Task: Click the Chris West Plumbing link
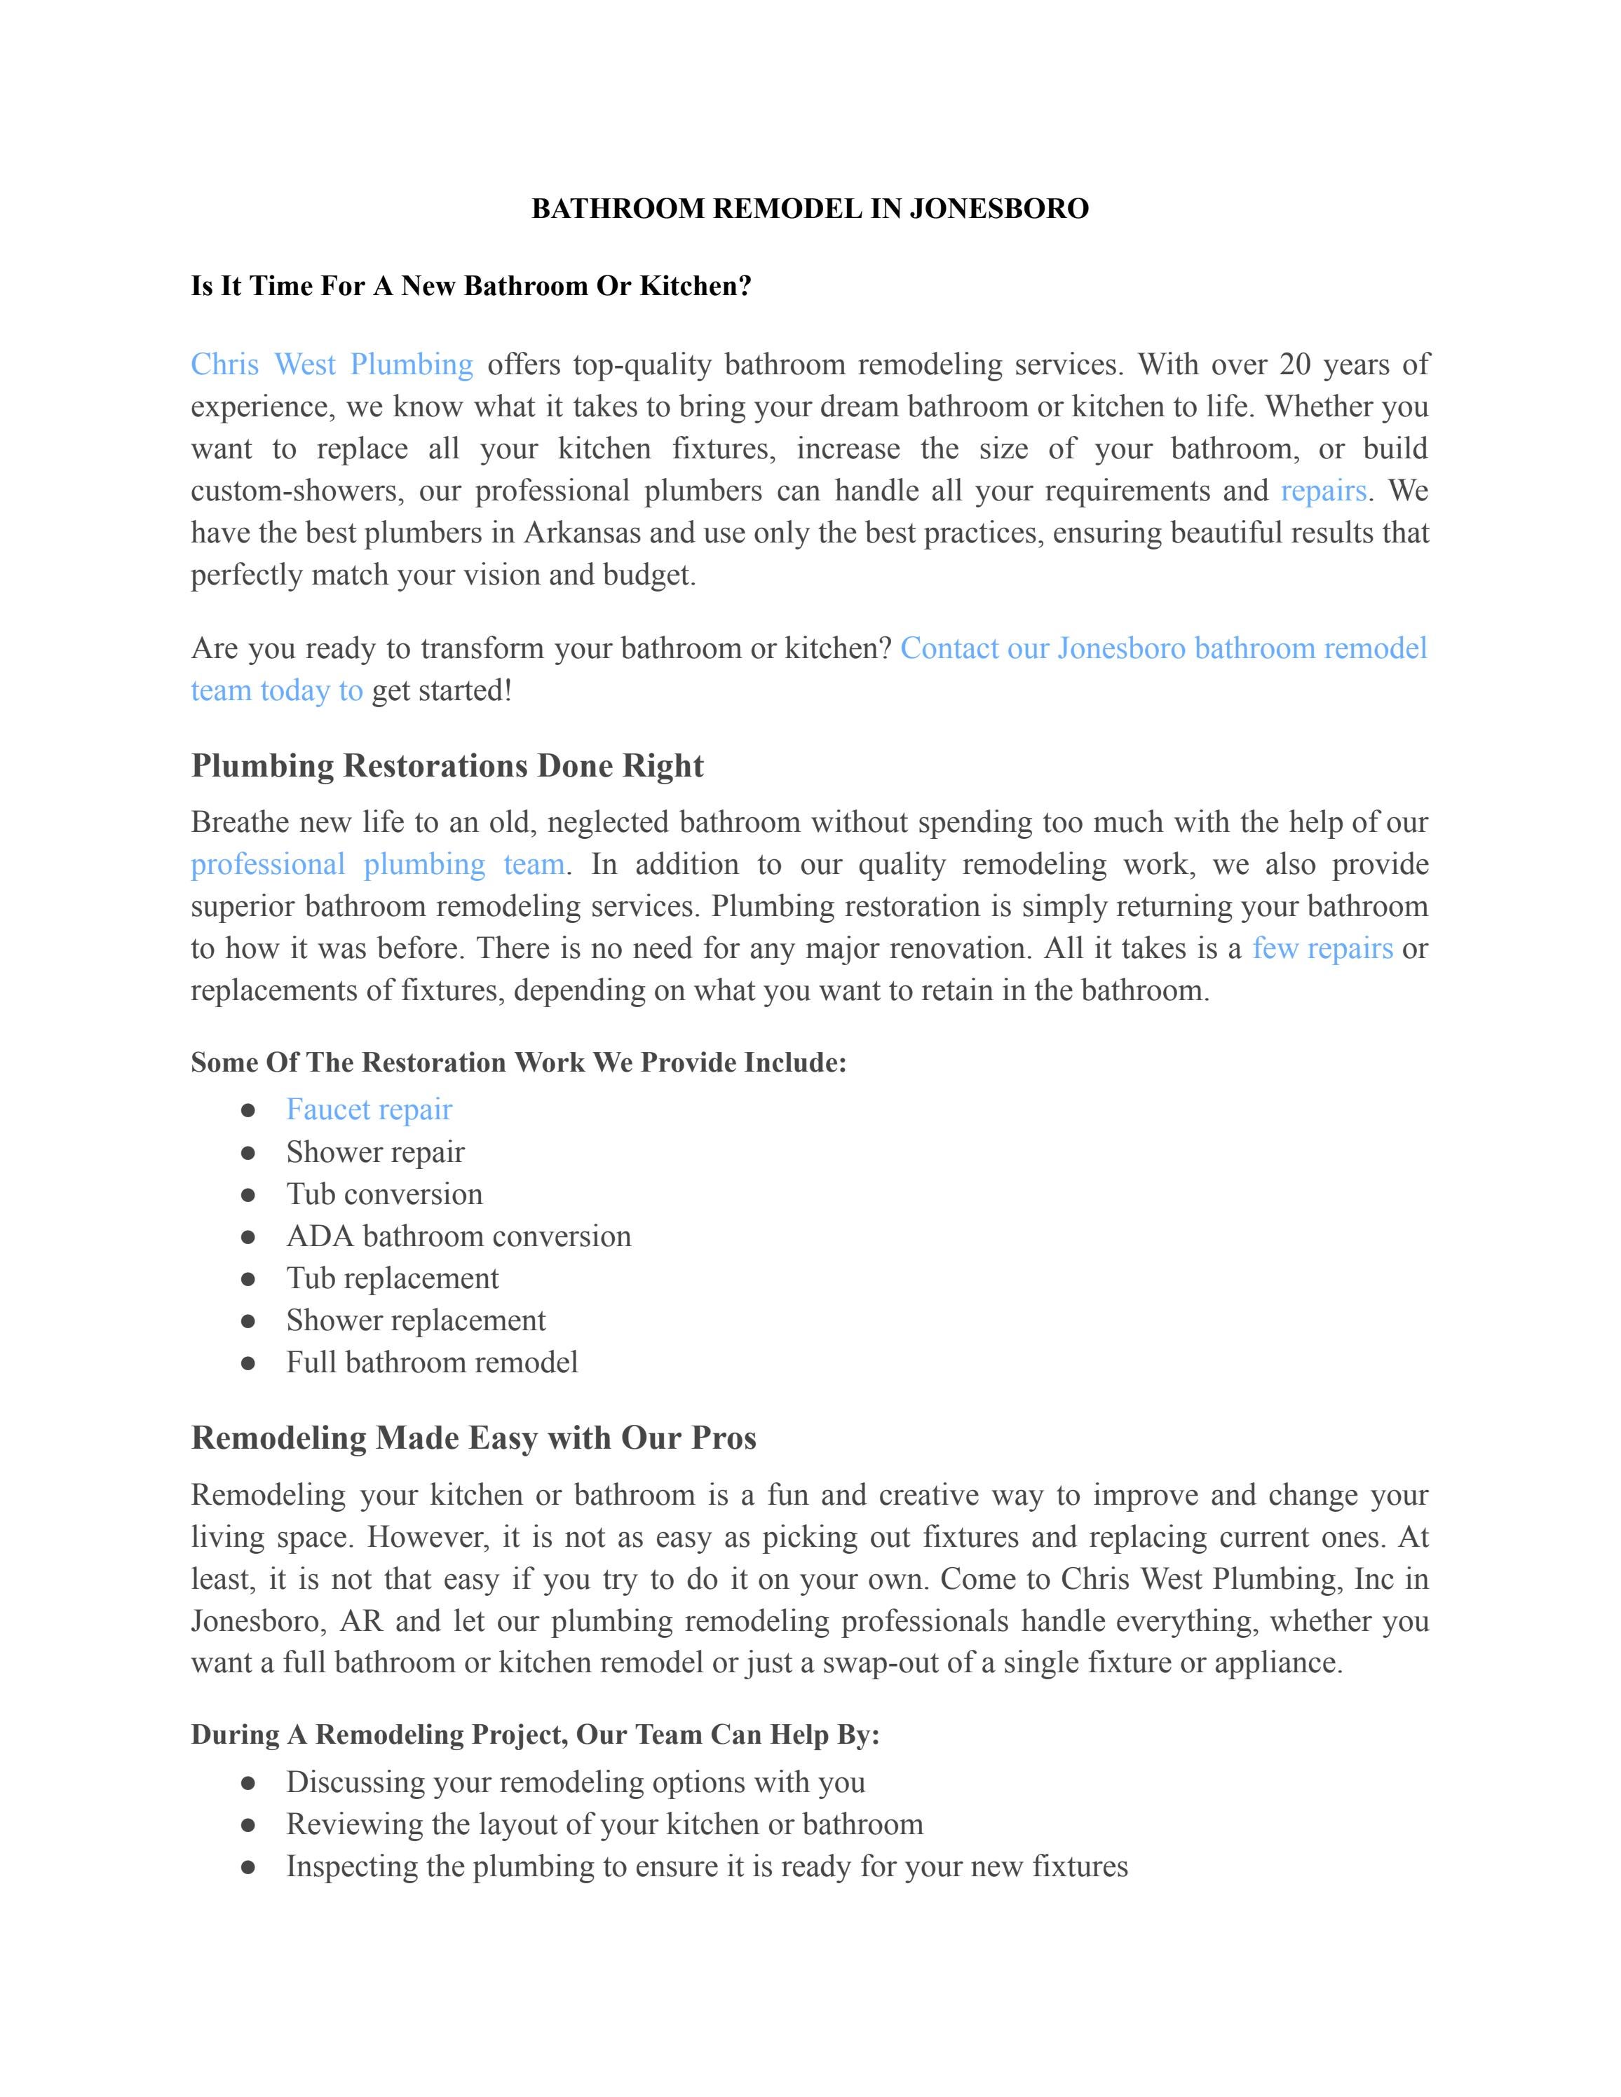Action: click(x=332, y=365)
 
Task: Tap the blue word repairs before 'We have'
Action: click(x=1322, y=491)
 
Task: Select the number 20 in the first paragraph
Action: click(x=1294, y=365)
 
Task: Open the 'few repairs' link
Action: click(x=1322, y=949)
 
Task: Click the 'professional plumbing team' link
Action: click(x=377, y=864)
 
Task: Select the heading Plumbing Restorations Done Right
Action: click(x=447, y=766)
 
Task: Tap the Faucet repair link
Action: click(x=369, y=1110)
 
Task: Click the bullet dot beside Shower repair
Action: click(x=247, y=1152)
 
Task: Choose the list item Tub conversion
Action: click(x=384, y=1194)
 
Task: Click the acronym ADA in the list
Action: click(x=319, y=1237)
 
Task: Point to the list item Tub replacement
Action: click(x=392, y=1279)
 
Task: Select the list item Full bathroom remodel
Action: click(x=431, y=1362)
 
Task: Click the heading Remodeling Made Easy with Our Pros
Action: click(x=473, y=1438)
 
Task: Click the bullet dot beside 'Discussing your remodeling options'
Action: click(x=247, y=1783)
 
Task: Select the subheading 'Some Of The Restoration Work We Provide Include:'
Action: click(x=519, y=1063)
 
